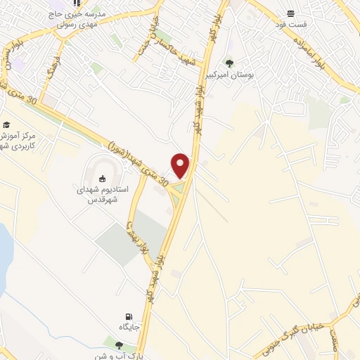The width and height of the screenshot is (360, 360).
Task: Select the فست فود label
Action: (x=292, y=24)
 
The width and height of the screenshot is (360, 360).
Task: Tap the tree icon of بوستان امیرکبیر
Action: (x=229, y=63)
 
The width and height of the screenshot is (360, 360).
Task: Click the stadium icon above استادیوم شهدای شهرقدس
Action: (x=101, y=179)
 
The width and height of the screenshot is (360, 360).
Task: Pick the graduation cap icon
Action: (x=6, y=124)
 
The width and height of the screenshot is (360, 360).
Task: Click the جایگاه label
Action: (x=128, y=327)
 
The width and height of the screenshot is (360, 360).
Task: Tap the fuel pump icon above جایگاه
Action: (x=128, y=316)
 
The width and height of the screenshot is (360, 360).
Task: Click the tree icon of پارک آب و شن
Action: (x=117, y=345)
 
